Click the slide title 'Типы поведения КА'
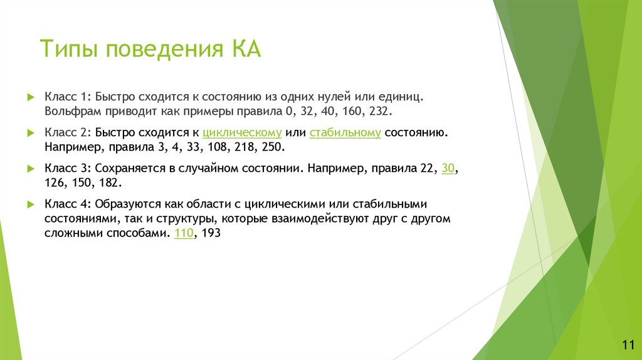pyautogui.click(x=150, y=49)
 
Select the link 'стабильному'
pyautogui.click(x=345, y=134)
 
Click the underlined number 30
pyautogui.click(x=448, y=169)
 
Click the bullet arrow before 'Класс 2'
pyautogui.click(x=30, y=134)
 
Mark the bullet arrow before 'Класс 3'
pyautogui.click(x=30, y=169)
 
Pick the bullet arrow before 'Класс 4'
pyautogui.click(x=30, y=204)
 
